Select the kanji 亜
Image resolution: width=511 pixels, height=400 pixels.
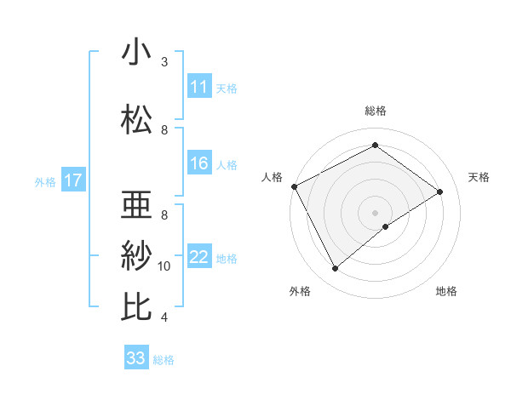(x=136, y=205)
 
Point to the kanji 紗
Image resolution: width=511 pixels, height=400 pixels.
(x=136, y=256)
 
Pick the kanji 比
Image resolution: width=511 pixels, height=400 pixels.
(x=136, y=307)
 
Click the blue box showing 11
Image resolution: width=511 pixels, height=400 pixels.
(x=199, y=87)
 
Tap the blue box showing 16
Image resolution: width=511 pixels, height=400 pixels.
(x=199, y=163)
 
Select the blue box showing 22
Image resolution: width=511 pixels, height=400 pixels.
(x=199, y=257)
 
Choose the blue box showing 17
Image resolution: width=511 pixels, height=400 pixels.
(x=72, y=180)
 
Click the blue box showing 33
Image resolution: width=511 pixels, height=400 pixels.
(x=136, y=358)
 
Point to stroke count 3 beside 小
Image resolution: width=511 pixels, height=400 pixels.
(x=164, y=62)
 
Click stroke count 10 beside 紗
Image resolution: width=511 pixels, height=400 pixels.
(x=164, y=266)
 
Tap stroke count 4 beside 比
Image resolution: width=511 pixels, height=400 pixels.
(x=164, y=317)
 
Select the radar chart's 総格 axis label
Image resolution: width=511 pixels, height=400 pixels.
(x=375, y=111)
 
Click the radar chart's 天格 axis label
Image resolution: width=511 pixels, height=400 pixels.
(x=479, y=177)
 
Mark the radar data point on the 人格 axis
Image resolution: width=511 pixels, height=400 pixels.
(x=294, y=186)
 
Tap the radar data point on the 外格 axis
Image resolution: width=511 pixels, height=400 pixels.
(x=335, y=268)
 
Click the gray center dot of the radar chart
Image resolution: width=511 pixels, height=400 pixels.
(x=375, y=212)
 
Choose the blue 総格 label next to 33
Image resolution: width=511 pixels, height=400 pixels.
(x=164, y=360)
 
